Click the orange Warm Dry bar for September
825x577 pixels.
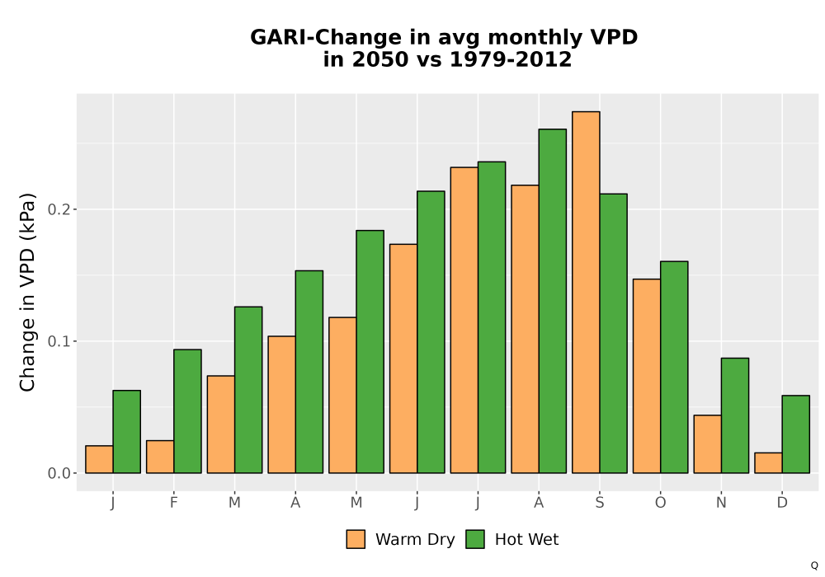(x=586, y=292)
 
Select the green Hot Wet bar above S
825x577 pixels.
(x=614, y=333)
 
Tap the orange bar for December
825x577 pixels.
(x=768, y=463)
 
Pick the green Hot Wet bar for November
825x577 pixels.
(x=735, y=415)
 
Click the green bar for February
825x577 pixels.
(x=187, y=411)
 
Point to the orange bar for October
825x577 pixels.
(x=647, y=376)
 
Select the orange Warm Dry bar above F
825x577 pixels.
(x=160, y=457)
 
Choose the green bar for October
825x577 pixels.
(x=674, y=368)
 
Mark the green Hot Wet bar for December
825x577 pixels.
(x=795, y=434)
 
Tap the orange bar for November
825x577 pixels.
(x=708, y=444)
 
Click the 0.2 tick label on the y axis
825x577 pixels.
(x=59, y=209)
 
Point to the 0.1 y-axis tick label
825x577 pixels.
(x=59, y=341)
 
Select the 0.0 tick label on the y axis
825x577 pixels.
(x=59, y=473)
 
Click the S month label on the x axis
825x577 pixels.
(x=599, y=503)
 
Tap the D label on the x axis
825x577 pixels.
(x=782, y=503)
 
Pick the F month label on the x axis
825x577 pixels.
(x=173, y=503)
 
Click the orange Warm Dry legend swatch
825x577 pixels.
(x=356, y=539)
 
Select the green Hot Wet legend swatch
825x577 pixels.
(x=475, y=539)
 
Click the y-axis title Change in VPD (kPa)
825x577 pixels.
(x=27, y=293)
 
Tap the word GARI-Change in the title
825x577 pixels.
(x=326, y=38)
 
